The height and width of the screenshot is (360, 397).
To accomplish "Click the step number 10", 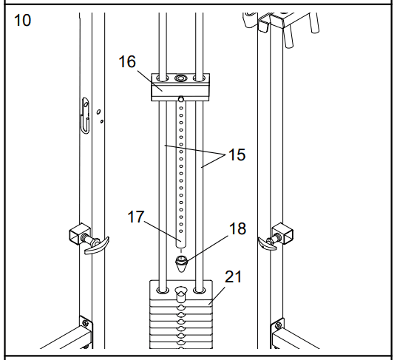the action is tap(22, 20).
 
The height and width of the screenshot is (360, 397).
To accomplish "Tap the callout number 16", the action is tap(127, 61).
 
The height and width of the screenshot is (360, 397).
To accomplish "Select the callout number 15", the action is tap(237, 154).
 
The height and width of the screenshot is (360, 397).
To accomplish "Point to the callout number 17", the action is tap(136, 217).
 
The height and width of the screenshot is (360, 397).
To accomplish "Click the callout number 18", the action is tap(237, 228).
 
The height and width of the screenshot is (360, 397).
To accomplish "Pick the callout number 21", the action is tap(233, 276).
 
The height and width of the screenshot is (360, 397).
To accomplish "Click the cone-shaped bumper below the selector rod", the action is tap(181, 264).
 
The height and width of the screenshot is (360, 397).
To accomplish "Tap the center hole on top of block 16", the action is tap(180, 78).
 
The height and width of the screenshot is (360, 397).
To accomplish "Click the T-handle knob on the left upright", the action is tap(96, 245).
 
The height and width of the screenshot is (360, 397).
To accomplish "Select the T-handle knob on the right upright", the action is tap(268, 243).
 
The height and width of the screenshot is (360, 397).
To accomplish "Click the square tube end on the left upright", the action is tap(80, 234).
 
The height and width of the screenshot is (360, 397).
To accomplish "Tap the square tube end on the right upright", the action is tap(283, 233).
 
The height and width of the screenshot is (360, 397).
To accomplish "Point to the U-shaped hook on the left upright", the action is tap(85, 115).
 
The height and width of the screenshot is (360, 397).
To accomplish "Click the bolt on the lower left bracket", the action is tap(85, 323).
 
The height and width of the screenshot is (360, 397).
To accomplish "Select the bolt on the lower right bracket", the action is tap(278, 325).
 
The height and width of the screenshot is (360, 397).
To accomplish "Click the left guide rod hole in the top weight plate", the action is tap(163, 290).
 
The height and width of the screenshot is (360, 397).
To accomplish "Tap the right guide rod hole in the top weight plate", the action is tap(200, 290).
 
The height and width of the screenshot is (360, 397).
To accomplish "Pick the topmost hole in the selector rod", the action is tap(181, 109).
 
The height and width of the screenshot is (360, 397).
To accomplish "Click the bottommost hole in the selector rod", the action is tap(181, 231).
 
